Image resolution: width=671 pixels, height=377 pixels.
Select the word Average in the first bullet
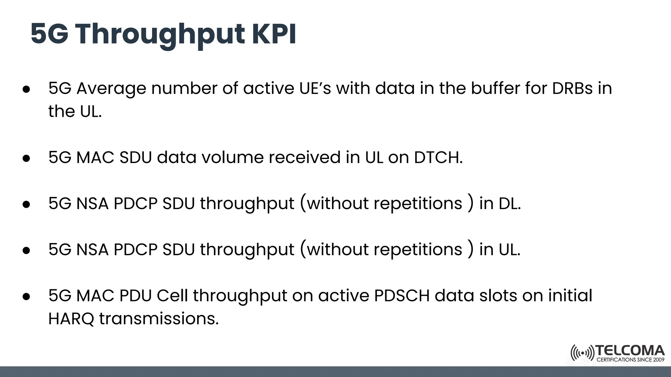tap(111, 88)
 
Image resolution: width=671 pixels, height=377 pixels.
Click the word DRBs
tap(572, 88)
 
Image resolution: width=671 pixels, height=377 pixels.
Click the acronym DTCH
tap(438, 157)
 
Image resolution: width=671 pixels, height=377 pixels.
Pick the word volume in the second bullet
tap(232, 157)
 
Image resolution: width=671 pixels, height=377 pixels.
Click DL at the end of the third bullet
tap(509, 204)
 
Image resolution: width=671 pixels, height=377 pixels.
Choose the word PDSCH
tap(402, 296)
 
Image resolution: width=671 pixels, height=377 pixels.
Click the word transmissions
tap(159, 319)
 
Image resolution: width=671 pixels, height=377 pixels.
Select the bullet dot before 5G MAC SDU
tap(27, 158)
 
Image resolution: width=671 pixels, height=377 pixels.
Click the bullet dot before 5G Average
tap(27, 89)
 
